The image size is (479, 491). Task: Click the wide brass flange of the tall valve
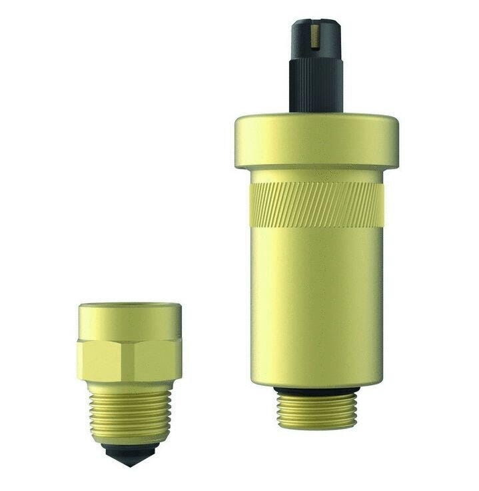(x=316, y=140)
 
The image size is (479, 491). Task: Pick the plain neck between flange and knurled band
(x=316, y=175)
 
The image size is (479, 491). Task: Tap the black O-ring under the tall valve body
(x=316, y=390)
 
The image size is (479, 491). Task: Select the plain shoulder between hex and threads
(x=129, y=387)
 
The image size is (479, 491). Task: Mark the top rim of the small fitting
(x=129, y=306)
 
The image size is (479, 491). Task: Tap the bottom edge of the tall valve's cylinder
(x=316, y=382)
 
